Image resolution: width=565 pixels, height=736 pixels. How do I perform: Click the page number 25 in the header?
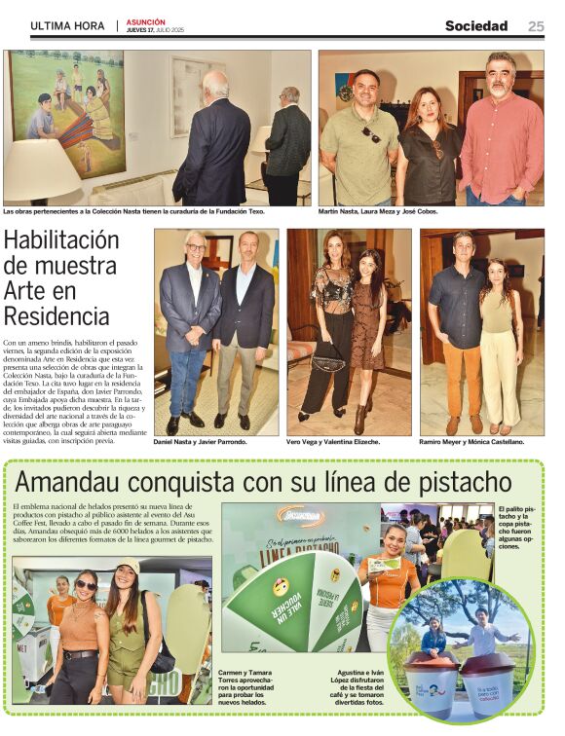click(536, 26)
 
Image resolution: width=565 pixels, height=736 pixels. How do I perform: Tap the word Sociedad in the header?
click(476, 26)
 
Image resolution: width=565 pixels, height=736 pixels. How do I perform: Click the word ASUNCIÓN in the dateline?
click(145, 21)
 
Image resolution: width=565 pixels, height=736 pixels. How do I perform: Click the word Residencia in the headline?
click(56, 315)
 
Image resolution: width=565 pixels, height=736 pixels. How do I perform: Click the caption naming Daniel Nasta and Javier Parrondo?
click(201, 442)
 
